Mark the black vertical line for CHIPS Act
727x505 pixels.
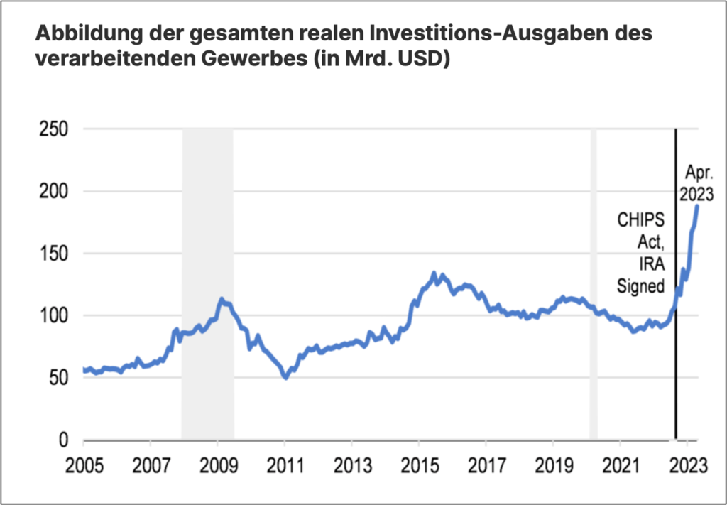pos(675,355)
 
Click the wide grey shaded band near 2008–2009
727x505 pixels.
pos(207,284)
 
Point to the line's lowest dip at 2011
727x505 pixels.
pos(285,377)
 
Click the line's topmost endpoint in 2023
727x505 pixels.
pos(698,205)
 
